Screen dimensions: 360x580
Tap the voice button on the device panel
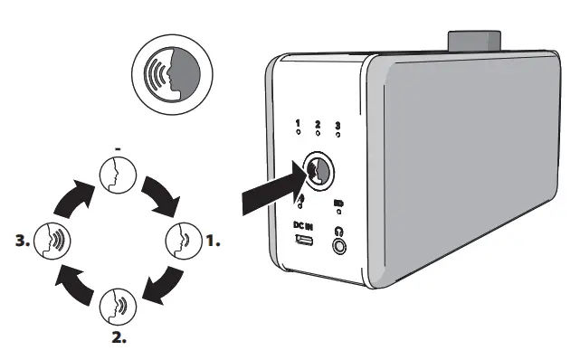click(317, 169)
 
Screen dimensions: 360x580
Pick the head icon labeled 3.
click(51, 242)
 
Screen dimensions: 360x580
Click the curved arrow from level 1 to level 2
click(164, 285)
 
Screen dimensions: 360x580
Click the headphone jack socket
click(339, 245)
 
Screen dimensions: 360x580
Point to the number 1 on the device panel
click(298, 124)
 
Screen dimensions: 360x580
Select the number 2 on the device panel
click(318, 125)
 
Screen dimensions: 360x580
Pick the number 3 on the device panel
click(338, 127)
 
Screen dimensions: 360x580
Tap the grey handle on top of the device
click(472, 43)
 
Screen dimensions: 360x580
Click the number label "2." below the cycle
click(119, 339)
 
